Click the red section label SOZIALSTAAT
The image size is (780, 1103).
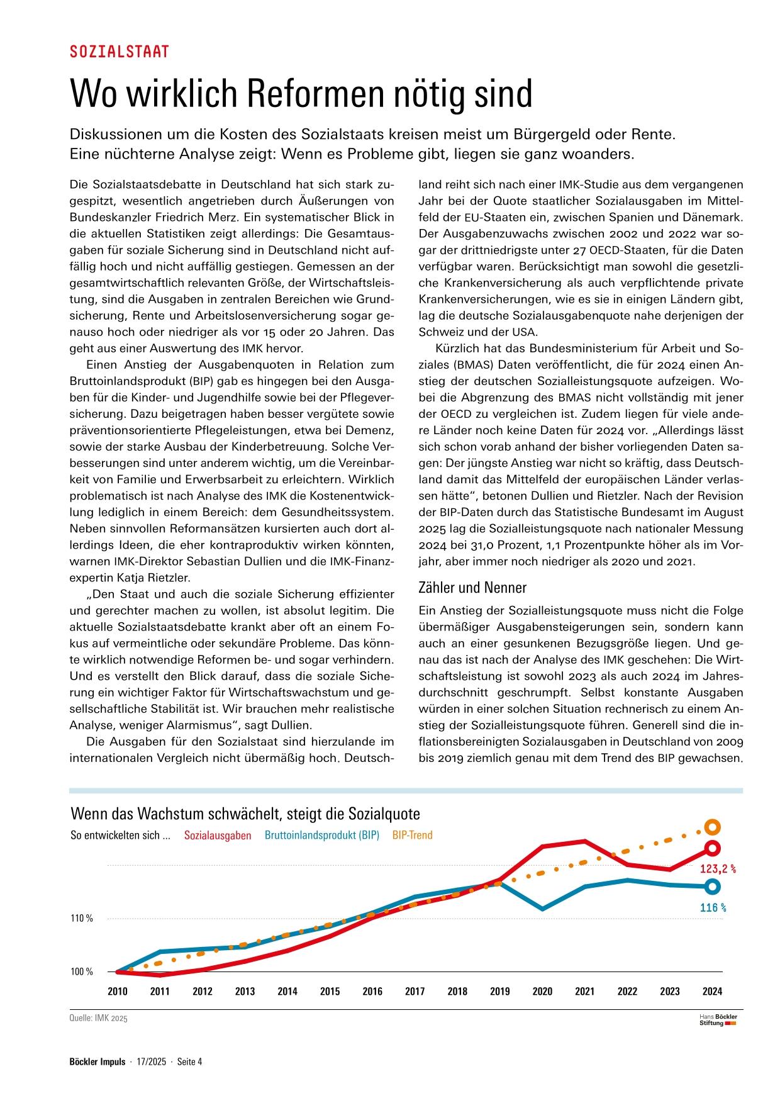pos(120,52)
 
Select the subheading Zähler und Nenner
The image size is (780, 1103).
pos(472,588)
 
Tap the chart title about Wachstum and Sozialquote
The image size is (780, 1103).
pos(245,814)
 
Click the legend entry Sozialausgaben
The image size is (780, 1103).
pos(218,836)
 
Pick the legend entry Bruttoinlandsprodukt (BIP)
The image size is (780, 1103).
pos(322,836)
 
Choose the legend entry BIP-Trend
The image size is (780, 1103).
pos(412,836)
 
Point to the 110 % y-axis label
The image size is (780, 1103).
pos(82,919)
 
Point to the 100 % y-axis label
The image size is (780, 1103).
pos(82,972)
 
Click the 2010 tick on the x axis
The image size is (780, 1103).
pos(118,992)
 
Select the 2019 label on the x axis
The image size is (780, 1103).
pos(500,992)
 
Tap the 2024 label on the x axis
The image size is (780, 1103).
pos(712,992)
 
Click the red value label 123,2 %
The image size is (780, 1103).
pos(718,870)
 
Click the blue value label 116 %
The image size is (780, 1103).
pos(713,908)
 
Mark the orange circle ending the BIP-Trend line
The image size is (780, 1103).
pos(712,827)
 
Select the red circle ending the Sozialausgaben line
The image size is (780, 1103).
pos(712,848)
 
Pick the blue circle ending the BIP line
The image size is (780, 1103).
pos(712,887)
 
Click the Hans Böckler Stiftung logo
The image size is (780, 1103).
pos(718,1020)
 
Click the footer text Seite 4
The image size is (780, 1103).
pos(189,1062)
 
